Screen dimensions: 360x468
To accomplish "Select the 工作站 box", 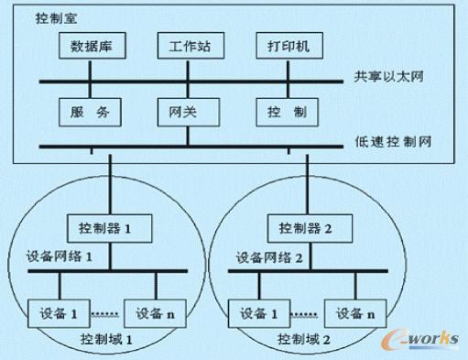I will tap(188, 45).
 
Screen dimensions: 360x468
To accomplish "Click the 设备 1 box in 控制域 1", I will tap(59, 314).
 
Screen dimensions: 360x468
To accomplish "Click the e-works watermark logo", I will tap(423, 340).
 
